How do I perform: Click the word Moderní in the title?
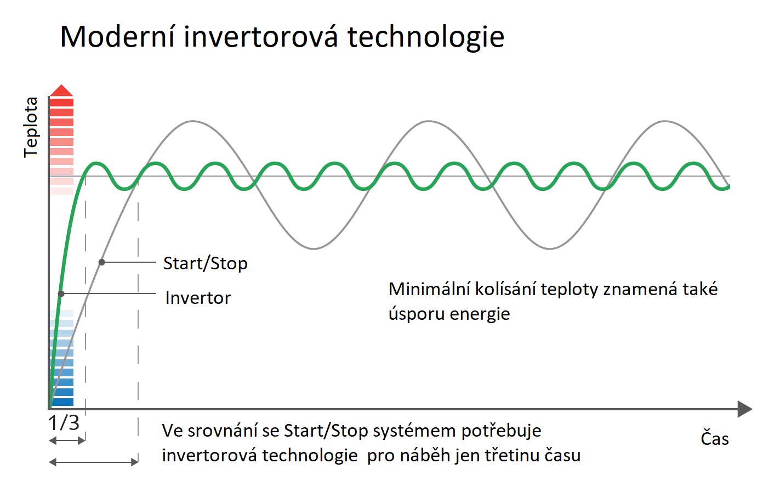coord(117,37)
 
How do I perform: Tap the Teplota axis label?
coord(31,127)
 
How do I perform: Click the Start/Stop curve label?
coord(206,263)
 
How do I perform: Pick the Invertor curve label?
coord(198,298)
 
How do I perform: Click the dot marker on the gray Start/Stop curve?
coord(101,262)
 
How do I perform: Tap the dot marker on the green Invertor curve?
coord(61,293)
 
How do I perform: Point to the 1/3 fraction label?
coord(64,422)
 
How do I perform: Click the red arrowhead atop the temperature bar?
coord(61,90)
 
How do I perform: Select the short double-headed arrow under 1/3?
coord(67,440)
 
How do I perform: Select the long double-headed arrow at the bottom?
coord(94,462)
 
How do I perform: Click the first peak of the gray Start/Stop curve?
coord(192,121)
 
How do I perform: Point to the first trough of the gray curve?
coord(314,248)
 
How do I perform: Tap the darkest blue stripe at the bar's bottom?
coord(62,402)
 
